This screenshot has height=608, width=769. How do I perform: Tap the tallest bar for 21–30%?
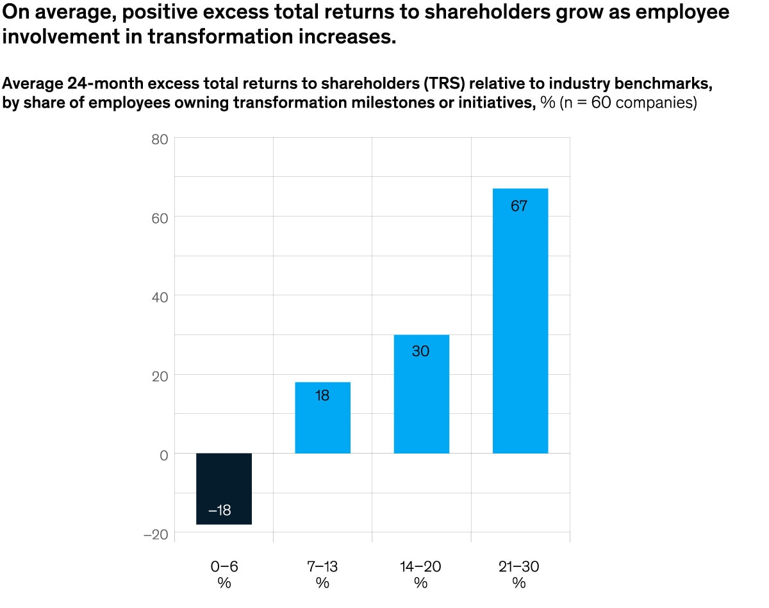(x=520, y=320)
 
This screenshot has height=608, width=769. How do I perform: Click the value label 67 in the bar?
(x=519, y=206)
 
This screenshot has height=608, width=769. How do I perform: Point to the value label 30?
(x=420, y=352)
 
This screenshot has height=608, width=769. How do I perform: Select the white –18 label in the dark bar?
(x=220, y=511)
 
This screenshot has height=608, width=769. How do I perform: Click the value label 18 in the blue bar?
(x=322, y=396)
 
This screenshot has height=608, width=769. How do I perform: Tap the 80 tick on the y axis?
(x=159, y=138)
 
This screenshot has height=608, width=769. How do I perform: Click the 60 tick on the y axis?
(x=159, y=217)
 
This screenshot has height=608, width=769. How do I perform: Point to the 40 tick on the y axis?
(x=159, y=297)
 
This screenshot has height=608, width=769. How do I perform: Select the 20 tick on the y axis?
(x=159, y=375)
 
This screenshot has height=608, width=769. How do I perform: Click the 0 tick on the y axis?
(x=163, y=454)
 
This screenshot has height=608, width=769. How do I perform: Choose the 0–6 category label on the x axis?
(x=224, y=566)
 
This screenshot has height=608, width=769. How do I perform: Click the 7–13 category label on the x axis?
(x=322, y=566)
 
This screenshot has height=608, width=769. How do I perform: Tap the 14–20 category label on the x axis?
(x=420, y=566)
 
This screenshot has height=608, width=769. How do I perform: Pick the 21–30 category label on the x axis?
(x=519, y=566)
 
